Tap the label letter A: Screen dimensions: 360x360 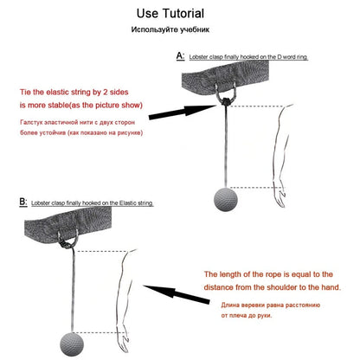click(x=180, y=55)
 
